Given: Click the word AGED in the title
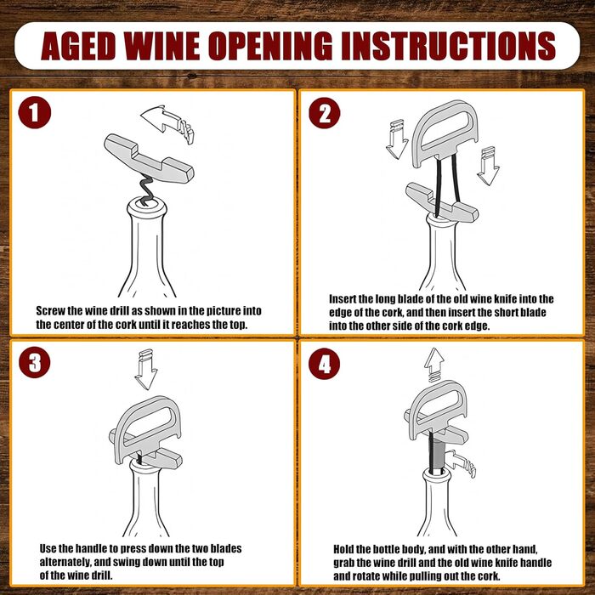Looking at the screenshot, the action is pos(78,46).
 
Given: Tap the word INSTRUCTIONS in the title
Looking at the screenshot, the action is pos(448,46).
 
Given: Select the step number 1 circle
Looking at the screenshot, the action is pos(35,113).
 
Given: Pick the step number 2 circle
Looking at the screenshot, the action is pos(325,113).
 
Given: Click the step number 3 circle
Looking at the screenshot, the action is pos(35,362).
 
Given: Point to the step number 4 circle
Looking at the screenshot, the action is pos(324,363).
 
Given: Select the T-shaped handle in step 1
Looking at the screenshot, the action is pos(149,157).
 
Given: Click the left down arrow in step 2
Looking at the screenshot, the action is pos(397,139).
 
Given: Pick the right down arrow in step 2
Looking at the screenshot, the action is pos(488,166).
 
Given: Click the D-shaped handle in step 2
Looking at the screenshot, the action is pos(445,133).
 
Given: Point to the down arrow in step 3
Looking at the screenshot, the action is pos(146,369).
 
